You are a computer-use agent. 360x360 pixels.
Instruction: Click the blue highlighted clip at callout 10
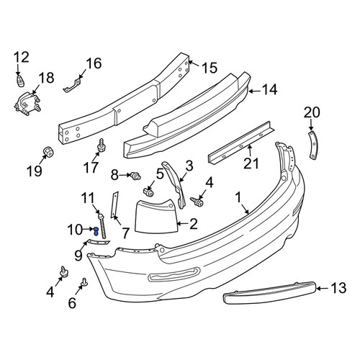pyautogui.click(x=96, y=231)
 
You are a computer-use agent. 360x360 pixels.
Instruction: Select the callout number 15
pyautogui.click(x=210, y=68)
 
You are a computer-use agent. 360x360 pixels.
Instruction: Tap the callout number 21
pyautogui.click(x=251, y=163)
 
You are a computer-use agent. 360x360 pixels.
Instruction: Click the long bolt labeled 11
pyautogui.click(x=102, y=226)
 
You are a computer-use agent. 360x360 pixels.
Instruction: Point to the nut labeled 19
pyautogui.click(x=48, y=152)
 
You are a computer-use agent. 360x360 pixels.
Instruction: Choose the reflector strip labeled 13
pyautogui.click(x=270, y=292)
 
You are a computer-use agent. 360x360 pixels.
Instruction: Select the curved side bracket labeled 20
pyautogui.click(x=313, y=145)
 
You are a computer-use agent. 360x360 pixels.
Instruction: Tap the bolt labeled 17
pyautogui.click(x=102, y=145)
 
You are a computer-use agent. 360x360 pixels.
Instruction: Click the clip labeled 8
pyautogui.click(x=135, y=176)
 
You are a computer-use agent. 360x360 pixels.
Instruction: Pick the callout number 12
pyautogui.click(x=22, y=58)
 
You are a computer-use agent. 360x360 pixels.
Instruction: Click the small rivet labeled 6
pyautogui.click(x=84, y=283)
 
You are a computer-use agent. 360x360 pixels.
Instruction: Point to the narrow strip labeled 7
pyautogui.click(x=114, y=204)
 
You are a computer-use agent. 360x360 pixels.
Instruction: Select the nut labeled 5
pyautogui.click(x=148, y=192)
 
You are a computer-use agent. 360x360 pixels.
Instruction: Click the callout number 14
pyautogui.click(x=270, y=90)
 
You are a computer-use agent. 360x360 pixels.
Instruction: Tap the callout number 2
pyautogui.click(x=194, y=224)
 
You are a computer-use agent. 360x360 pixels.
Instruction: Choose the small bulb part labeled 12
pyautogui.click(x=21, y=81)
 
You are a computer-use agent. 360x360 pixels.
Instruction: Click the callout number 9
pyautogui.click(x=78, y=256)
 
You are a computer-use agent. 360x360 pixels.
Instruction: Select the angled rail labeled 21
pyautogui.click(x=240, y=142)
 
